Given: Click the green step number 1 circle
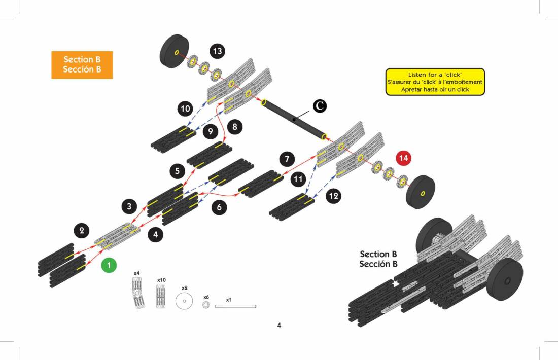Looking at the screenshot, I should (x=109, y=265).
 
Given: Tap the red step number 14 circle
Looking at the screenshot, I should (x=403, y=158).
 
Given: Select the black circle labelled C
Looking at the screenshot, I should (x=319, y=105).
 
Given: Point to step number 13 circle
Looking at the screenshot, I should (x=218, y=51).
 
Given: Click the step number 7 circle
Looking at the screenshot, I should (x=287, y=159).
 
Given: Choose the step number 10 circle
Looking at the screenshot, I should (x=185, y=109).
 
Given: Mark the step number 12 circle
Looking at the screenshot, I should (x=333, y=196).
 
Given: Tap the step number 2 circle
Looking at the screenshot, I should (x=81, y=231).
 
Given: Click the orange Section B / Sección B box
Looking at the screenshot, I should (x=82, y=64).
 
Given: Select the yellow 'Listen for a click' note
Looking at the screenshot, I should (x=435, y=82).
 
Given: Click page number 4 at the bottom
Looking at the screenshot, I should (x=279, y=326).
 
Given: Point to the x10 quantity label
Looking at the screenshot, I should (x=161, y=280).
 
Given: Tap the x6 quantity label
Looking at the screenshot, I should (x=206, y=297).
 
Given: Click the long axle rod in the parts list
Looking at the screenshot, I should (x=235, y=306).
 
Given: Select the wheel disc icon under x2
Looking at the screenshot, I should (x=184, y=301).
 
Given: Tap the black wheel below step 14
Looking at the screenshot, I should (x=421, y=193).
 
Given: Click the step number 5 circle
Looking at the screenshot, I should (x=177, y=171).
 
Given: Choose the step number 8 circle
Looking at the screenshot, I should (x=235, y=127).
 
